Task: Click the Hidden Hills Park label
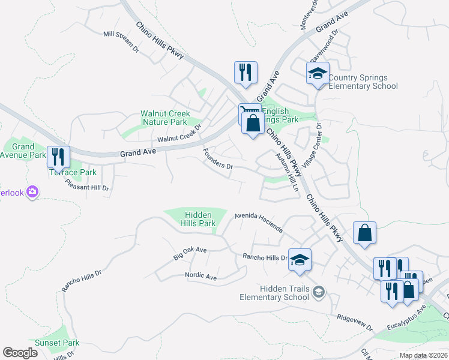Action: (199, 219)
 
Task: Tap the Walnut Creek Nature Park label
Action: (165, 118)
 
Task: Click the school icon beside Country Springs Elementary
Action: (318, 74)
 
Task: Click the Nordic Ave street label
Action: (201, 277)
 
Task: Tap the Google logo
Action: (20, 353)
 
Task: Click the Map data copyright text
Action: (423, 355)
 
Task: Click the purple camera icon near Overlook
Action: (32, 192)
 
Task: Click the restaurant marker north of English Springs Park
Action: (246, 73)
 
